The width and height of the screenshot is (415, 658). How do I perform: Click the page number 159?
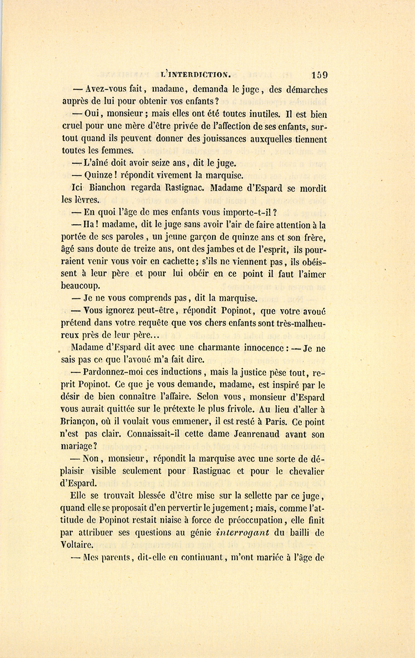click(x=319, y=75)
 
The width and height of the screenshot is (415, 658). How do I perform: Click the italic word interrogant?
click(x=243, y=532)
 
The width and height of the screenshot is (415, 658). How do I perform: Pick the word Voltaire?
click(x=77, y=544)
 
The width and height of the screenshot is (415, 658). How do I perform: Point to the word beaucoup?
click(x=80, y=286)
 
